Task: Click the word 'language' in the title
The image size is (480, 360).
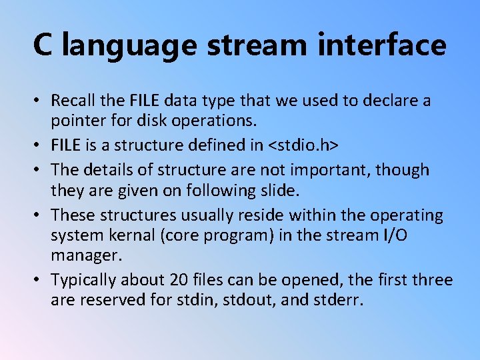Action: point(132,45)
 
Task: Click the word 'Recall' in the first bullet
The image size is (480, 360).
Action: point(74,101)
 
